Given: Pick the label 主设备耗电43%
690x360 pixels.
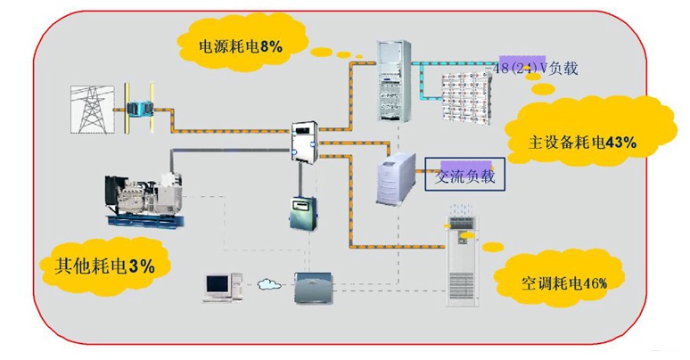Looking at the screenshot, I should point(583,142).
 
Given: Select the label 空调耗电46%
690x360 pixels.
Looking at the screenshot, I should point(564,283).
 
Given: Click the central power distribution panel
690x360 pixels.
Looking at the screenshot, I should point(305,142).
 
